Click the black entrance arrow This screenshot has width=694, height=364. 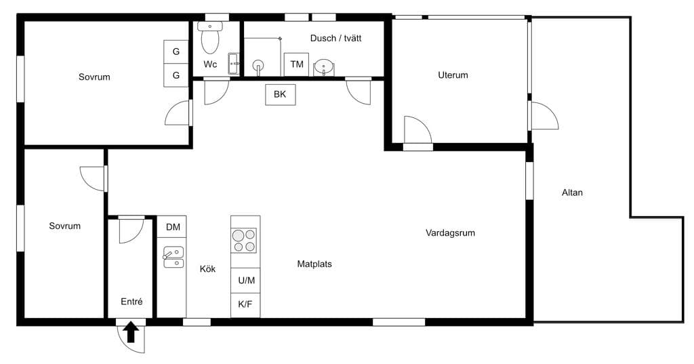point(131,333)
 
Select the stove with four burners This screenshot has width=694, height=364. point(244,241)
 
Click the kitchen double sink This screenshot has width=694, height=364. point(173,257)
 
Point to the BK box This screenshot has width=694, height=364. point(280,94)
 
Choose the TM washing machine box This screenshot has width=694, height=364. point(297,64)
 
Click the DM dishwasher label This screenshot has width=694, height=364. point(173,227)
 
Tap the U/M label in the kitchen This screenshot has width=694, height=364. point(247,281)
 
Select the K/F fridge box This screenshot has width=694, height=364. point(245,305)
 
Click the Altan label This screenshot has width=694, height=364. point(572,193)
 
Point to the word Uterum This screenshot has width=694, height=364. point(453,75)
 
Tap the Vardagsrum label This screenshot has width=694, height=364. point(450,233)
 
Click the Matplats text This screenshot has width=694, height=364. point(314,264)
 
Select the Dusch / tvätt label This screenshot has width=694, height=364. point(335,38)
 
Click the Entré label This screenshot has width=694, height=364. point(131,302)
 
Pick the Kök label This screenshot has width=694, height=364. point(207,269)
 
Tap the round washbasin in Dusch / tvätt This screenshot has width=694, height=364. point(324,67)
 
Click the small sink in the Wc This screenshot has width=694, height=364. point(234,64)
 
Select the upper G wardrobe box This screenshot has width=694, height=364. point(176,52)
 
